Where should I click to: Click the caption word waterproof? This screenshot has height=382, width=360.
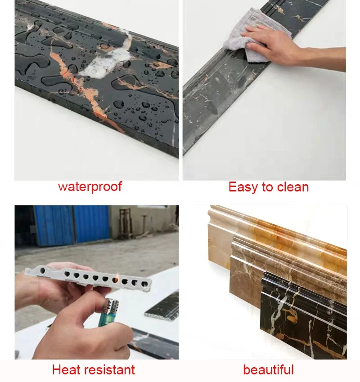tap(90, 187)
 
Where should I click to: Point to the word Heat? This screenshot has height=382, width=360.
tap(68, 370)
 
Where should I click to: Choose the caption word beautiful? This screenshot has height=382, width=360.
tap(268, 370)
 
